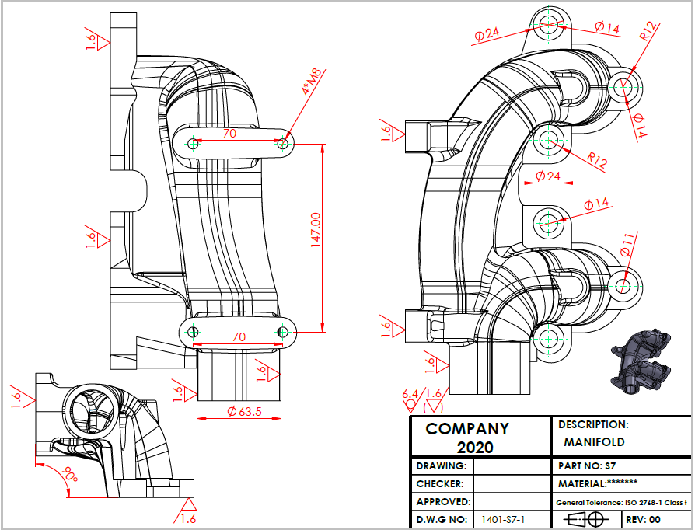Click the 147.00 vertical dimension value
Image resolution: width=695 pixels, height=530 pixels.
coord(316,229)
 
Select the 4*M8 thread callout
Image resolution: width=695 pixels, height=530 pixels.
coord(311,82)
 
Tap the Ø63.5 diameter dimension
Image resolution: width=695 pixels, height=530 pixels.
coord(244,412)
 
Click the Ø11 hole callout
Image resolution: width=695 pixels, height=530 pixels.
coord(627,246)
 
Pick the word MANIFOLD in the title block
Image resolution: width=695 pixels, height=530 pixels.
coord(594,442)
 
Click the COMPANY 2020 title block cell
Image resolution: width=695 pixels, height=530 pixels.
coord(481,437)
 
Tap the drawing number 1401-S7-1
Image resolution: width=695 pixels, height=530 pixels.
coord(505,519)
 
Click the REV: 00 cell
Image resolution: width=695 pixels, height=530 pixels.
coord(643,519)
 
